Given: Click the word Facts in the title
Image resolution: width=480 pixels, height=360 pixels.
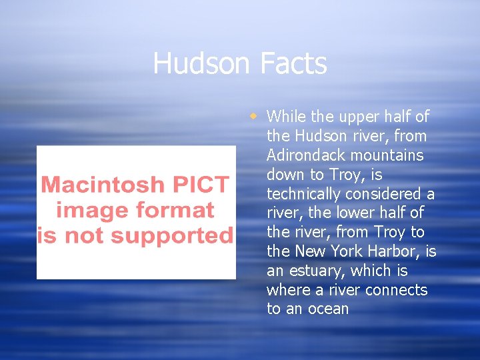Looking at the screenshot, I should pyautogui.click(x=293, y=63).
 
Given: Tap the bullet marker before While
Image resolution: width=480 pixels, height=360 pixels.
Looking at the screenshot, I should pyautogui.click(x=253, y=116).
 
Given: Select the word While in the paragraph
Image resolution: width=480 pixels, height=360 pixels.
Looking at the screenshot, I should pyautogui.click(x=286, y=117).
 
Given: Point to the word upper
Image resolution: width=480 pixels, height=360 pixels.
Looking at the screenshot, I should pyautogui.click(x=359, y=117).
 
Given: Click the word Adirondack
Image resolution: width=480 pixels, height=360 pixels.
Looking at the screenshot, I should pyautogui.click(x=305, y=155).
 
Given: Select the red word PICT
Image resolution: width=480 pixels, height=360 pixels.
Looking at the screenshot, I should pyautogui.click(x=201, y=184).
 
